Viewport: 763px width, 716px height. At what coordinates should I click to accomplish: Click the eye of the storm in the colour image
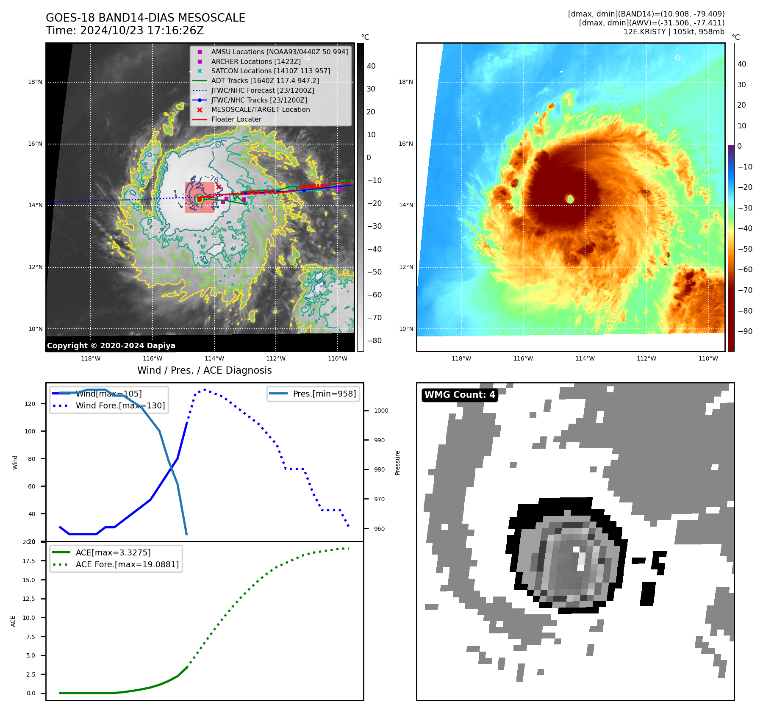[x=570, y=199]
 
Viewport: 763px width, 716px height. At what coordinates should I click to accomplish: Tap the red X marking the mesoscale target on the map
[x=219, y=187]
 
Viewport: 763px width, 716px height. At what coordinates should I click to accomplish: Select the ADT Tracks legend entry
[x=265, y=80]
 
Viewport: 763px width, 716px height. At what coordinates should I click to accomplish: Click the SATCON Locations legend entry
[x=270, y=71]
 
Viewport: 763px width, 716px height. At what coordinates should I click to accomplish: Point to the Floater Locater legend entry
[x=236, y=119]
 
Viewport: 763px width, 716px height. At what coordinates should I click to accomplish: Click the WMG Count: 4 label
[x=460, y=395]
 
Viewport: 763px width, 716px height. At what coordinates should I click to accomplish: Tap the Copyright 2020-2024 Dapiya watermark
[x=111, y=346]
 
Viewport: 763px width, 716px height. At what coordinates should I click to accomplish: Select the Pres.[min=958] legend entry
[x=324, y=394]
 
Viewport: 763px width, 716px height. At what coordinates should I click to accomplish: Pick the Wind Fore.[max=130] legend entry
[x=120, y=405]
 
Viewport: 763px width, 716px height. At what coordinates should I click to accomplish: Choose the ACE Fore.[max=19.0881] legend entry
[x=127, y=564]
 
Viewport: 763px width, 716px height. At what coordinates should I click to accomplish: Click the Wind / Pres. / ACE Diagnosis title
[x=204, y=370]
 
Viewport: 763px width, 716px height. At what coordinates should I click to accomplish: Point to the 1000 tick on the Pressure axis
[x=381, y=411]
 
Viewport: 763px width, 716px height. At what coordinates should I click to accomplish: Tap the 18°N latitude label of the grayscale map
[x=35, y=82]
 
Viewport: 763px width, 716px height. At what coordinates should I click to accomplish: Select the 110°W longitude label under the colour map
[x=708, y=358]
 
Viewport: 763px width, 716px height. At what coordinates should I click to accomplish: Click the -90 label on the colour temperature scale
[x=745, y=331]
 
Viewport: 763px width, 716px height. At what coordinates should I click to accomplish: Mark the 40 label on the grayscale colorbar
[x=371, y=66]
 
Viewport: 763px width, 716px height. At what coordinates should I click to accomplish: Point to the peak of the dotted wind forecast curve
[x=205, y=389]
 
